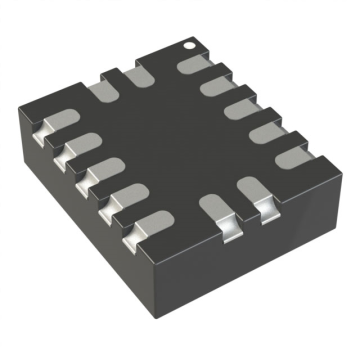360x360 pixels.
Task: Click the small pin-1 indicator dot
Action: (186, 44)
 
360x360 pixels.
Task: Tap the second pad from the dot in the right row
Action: (215, 88)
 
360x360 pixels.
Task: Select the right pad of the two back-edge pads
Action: (137, 76)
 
